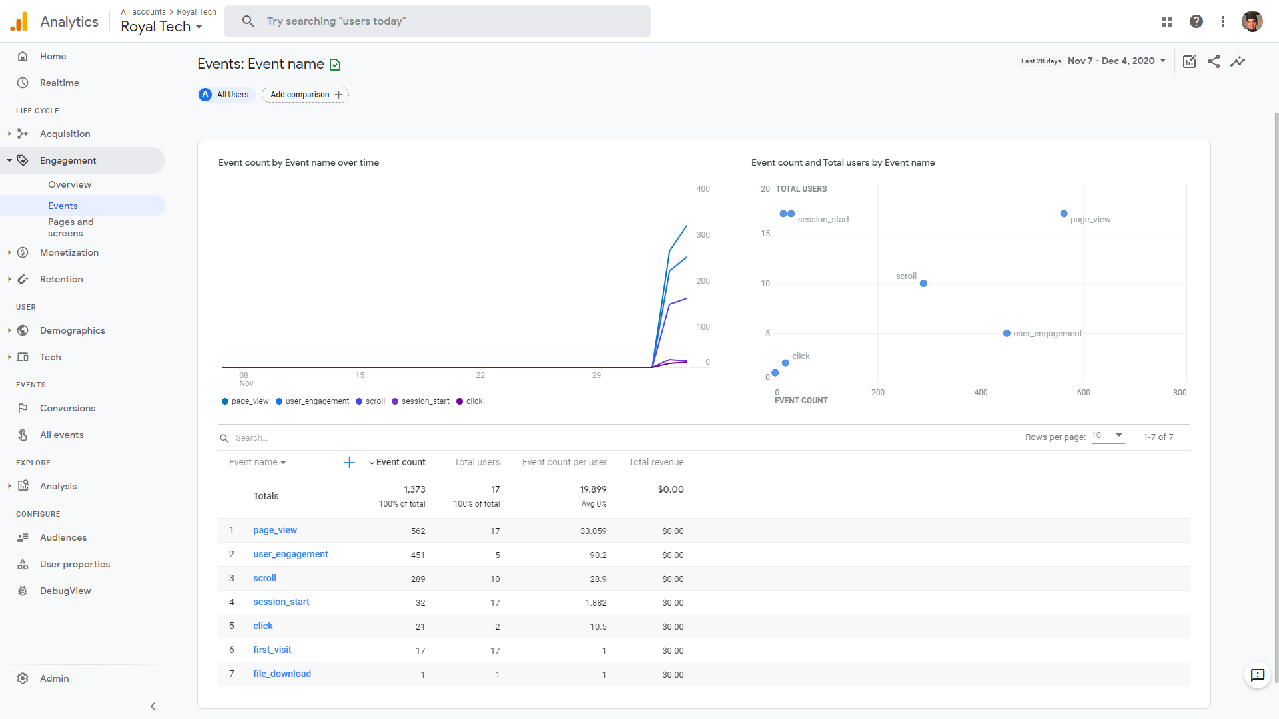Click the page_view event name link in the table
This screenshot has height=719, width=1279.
click(275, 531)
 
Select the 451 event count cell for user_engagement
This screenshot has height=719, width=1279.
click(418, 555)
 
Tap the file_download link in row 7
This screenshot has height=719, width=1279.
click(282, 674)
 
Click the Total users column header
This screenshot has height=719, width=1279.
click(476, 462)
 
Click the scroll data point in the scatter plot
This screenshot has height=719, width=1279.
click(923, 284)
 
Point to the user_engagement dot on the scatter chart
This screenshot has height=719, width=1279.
click(1007, 333)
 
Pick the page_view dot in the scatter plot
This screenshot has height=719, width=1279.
click(1064, 214)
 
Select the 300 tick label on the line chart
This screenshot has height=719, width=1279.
click(703, 235)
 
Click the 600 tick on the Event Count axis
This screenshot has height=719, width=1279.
click(1084, 393)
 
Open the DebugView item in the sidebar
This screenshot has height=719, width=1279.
click(65, 591)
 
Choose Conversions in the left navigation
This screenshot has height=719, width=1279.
click(67, 408)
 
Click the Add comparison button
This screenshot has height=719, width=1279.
click(305, 95)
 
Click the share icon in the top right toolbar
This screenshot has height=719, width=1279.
click(1214, 61)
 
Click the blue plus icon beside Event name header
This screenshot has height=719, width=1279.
click(349, 463)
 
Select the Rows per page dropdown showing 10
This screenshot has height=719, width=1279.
click(1108, 436)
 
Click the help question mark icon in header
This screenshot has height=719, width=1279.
click(1196, 21)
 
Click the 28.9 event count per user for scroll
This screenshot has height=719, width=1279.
click(598, 579)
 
